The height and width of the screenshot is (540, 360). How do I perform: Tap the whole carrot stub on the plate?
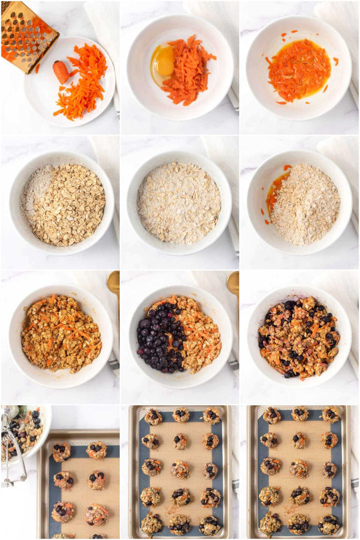[x=61, y=72]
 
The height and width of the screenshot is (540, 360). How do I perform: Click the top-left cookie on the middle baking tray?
[x=153, y=417]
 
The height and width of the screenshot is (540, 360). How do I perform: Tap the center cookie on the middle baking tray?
[x=180, y=469]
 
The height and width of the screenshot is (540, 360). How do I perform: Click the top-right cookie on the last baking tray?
[x=330, y=415]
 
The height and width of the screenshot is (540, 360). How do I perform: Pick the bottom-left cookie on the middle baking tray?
[x=151, y=523]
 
